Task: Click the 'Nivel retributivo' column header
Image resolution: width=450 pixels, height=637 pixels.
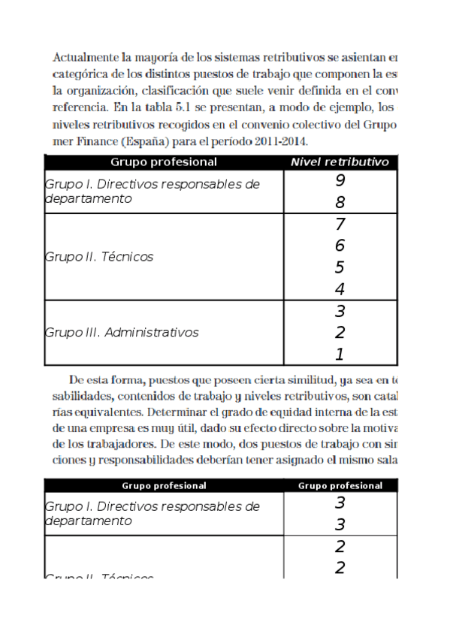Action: (339, 162)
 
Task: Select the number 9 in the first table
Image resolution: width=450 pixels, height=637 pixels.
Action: (340, 181)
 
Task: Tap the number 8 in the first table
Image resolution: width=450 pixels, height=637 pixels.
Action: (340, 203)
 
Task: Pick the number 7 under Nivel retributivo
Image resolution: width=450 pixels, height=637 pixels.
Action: (340, 225)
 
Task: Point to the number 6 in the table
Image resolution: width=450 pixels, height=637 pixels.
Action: (340, 246)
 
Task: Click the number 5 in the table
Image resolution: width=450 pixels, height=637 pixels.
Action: (340, 267)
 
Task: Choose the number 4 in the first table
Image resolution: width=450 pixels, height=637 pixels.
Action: (340, 289)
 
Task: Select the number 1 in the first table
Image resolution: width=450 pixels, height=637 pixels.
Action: (340, 355)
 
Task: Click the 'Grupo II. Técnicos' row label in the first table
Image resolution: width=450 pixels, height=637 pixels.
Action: (99, 257)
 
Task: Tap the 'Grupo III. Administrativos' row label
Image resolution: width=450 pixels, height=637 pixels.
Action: (122, 332)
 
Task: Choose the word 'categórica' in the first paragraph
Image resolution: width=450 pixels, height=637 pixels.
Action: (80, 74)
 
